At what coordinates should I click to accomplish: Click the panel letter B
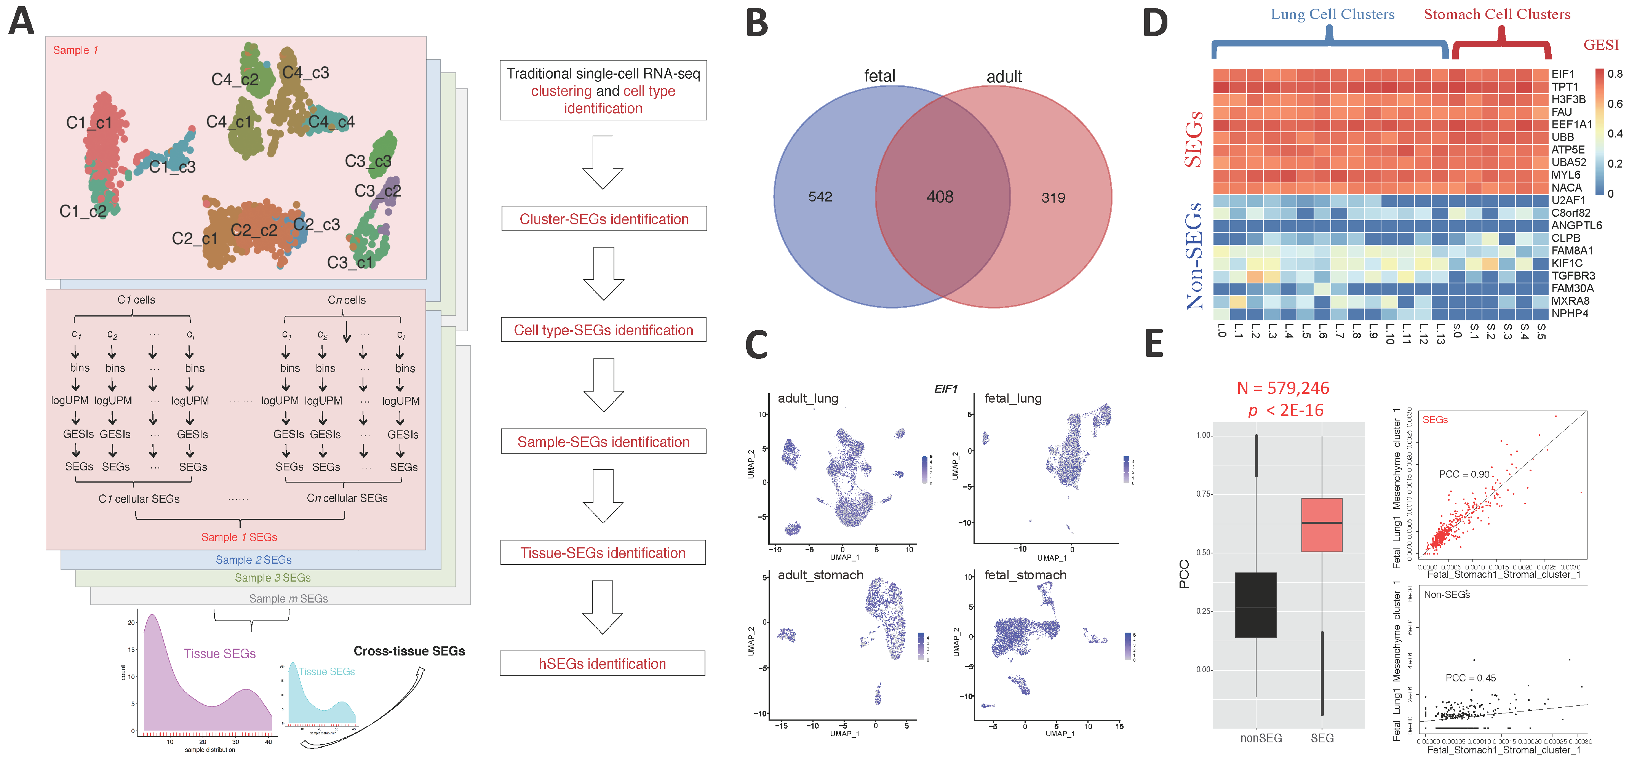click(x=757, y=24)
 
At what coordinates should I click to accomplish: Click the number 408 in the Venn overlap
click(x=940, y=197)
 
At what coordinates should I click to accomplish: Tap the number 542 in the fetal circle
click(x=820, y=197)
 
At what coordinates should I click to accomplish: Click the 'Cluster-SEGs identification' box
click(x=603, y=219)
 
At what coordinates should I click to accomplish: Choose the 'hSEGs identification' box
click(x=602, y=663)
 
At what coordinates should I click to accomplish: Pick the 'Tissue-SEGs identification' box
click(x=603, y=553)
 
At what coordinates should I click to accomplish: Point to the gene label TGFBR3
click(x=1573, y=276)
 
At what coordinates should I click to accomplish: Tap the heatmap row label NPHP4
click(x=1570, y=313)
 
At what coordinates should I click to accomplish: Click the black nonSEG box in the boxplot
click(x=1255, y=605)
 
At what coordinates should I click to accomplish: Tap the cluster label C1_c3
click(x=172, y=167)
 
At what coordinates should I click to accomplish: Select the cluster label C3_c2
click(x=377, y=190)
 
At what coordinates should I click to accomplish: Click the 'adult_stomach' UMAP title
click(x=820, y=575)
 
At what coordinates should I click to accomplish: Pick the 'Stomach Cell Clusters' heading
click(x=1497, y=14)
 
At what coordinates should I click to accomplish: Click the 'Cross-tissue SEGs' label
click(x=409, y=651)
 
